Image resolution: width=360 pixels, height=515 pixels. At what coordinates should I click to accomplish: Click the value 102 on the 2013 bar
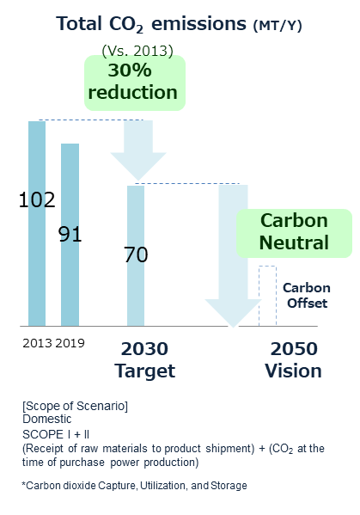click(37, 199)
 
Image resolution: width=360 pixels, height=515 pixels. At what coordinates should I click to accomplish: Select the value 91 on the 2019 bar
click(70, 234)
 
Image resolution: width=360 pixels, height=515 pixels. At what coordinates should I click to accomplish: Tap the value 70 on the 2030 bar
click(136, 254)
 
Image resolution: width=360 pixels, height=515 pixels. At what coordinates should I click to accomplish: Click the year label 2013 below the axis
click(37, 343)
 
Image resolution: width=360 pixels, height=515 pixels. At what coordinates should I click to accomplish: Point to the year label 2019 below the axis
click(70, 343)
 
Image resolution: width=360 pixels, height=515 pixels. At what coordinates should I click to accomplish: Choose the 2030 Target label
click(144, 360)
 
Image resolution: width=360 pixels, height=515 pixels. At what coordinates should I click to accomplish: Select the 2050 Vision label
click(293, 360)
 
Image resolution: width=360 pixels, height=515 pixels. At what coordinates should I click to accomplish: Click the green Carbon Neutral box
click(294, 233)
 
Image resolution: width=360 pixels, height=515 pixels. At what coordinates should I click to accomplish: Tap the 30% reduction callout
click(135, 83)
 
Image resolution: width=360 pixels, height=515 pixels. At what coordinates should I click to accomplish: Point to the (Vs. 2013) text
click(137, 51)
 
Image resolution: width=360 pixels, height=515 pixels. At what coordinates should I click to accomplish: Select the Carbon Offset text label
click(307, 295)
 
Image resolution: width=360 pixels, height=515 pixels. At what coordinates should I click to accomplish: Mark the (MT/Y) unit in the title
click(278, 26)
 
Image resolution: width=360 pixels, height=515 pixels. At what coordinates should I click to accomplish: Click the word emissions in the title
click(198, 24)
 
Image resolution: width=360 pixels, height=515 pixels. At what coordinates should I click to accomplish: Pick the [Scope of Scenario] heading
click(75, 406)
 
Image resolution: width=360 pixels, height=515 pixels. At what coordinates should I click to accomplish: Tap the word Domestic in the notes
click(47, 419)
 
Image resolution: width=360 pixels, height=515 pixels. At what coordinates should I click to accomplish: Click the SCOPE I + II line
click(56, 434)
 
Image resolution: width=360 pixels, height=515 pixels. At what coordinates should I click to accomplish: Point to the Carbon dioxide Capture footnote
click(134, 486)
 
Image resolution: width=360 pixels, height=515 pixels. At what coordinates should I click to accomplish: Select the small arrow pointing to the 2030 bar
click(138, 150)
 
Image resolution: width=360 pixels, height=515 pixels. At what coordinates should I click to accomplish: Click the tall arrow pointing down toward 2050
click(233, 256)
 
